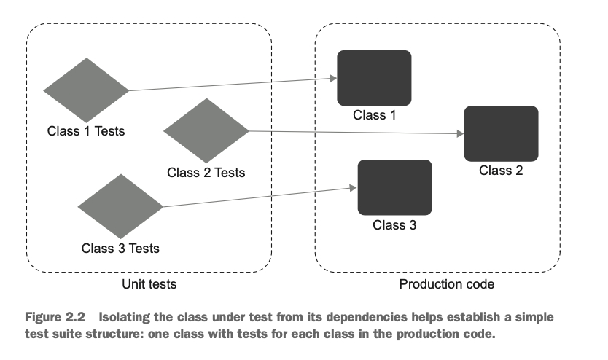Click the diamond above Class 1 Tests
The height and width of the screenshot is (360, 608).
pyautogui.click(x=86, y=91)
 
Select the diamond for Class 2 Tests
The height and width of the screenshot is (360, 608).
pyautogui.click(x=206, y=131)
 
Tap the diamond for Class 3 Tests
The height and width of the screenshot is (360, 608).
pyautogui.click(x=120, y=207)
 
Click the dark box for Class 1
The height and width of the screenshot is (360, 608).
pyautogui.click(x=374, y=77)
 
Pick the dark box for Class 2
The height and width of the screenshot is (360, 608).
pyautogui.click(x=501, y=133)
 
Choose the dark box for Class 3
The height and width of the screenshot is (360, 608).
pyautogui.click(x=394, y=187)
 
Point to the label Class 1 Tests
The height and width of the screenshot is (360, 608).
pyautogui.click(x=86, y=132)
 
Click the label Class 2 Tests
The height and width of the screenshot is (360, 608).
pyautogui.click(x=206, y=173)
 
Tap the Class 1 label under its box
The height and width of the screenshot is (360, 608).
pyautogui.click(x=374, y=114)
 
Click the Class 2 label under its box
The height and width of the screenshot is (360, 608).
pyautogui.click(x=501, y=171)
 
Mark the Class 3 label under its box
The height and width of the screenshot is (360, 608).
pyautogui.click(x=394, y=224)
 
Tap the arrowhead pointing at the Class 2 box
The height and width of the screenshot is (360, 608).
pyautogui.click(x=460, y=135)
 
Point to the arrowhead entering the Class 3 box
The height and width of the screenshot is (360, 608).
pyautogui.click(x=354, y=188)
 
